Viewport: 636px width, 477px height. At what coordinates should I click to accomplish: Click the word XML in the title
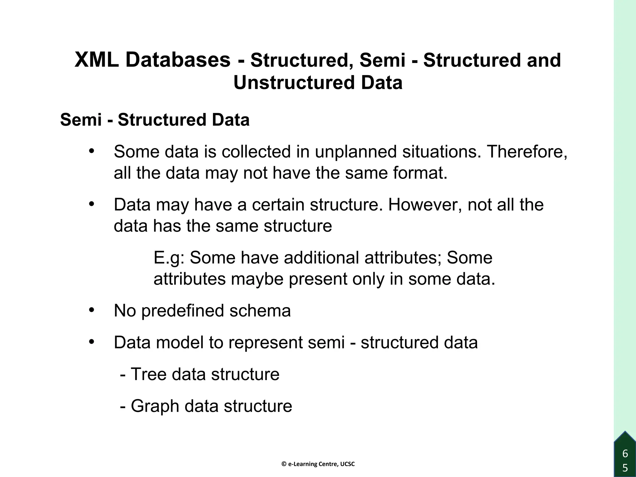pyautogui.click(x=97, y=60)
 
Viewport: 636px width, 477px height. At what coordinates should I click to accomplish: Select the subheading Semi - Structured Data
pyautogui.click(x=155, y=120)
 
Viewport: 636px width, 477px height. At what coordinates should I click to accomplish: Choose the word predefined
pyautogui.click(x=183, y=311)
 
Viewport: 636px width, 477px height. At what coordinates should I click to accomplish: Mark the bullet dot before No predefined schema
pyautogui.click(x=91, y=310)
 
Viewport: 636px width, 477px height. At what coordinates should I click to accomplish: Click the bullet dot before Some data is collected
pyautogui.click(x=91, y=152)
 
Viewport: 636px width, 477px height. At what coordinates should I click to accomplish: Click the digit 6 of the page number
pyautogui.click(x=625, y=454)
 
